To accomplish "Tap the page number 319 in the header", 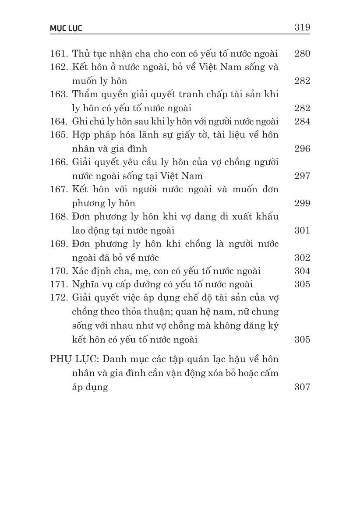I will [302, 28].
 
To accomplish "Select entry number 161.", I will [58, 54].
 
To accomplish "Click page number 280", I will [302, 54].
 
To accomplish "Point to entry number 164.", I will [58, 121].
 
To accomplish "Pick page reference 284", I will [302, 121].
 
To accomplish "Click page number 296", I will [302, 148].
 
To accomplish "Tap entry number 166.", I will [58, 163].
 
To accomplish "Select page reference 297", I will [302, 176].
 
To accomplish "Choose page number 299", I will [302, 203].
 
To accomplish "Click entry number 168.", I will [58, 217].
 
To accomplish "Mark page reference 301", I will [302, 230].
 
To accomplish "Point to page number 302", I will [302, 258].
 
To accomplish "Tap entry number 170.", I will [58, 271].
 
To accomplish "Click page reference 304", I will [302, 271].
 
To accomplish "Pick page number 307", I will [302, 387].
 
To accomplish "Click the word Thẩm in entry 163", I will [85, 95].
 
